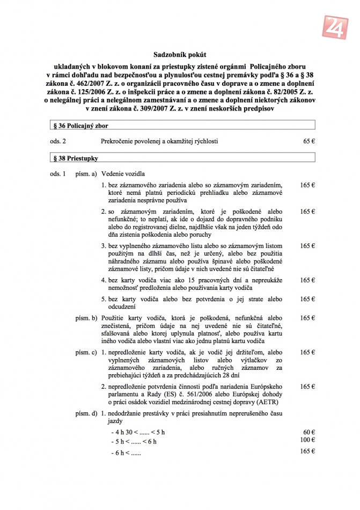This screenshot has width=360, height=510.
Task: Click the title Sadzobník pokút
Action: [x=180, y=55]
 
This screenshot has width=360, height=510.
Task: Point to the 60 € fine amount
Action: [x=308, y=432]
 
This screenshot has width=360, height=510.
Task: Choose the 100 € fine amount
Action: [x=307, y=440]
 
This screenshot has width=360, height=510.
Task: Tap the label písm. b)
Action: [x=86, y=318]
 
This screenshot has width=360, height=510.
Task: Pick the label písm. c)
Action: [x=86, y=352]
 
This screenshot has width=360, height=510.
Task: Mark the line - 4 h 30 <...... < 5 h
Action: [x=138, y=433]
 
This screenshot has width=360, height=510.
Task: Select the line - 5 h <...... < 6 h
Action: [x=134, y=442]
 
